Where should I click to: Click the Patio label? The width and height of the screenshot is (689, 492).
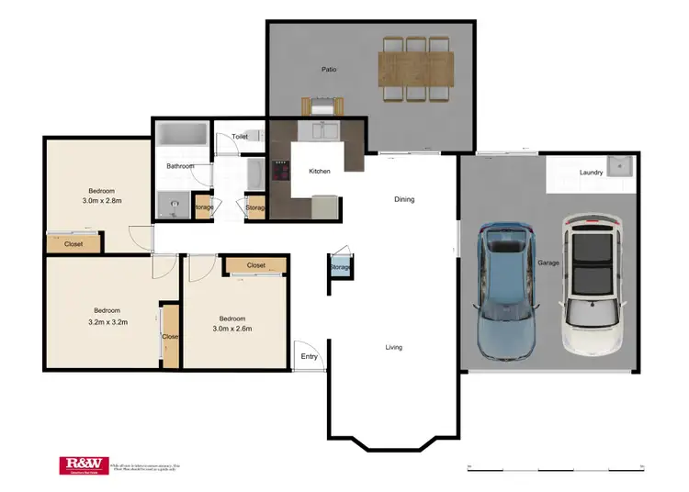(328, 69)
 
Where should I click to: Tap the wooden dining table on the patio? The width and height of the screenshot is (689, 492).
(415, 66)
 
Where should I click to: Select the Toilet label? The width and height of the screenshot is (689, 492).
(240, 137)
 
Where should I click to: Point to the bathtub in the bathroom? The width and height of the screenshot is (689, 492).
(181, 135)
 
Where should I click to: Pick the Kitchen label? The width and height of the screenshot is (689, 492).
(319, 172)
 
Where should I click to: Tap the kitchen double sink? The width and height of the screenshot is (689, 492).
(324, 130)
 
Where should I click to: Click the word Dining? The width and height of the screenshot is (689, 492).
(404, 199)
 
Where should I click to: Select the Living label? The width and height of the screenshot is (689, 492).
(393, 347)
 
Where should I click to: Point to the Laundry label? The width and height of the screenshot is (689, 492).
(591, 173)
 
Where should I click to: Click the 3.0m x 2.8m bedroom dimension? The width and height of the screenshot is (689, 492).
(102, 200)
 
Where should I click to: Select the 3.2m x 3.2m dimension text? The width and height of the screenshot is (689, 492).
(107, 322)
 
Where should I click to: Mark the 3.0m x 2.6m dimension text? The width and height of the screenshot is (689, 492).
(232, 329)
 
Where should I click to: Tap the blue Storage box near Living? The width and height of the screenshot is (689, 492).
(340, 267)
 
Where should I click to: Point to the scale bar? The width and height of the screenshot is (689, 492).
(556, 468)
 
